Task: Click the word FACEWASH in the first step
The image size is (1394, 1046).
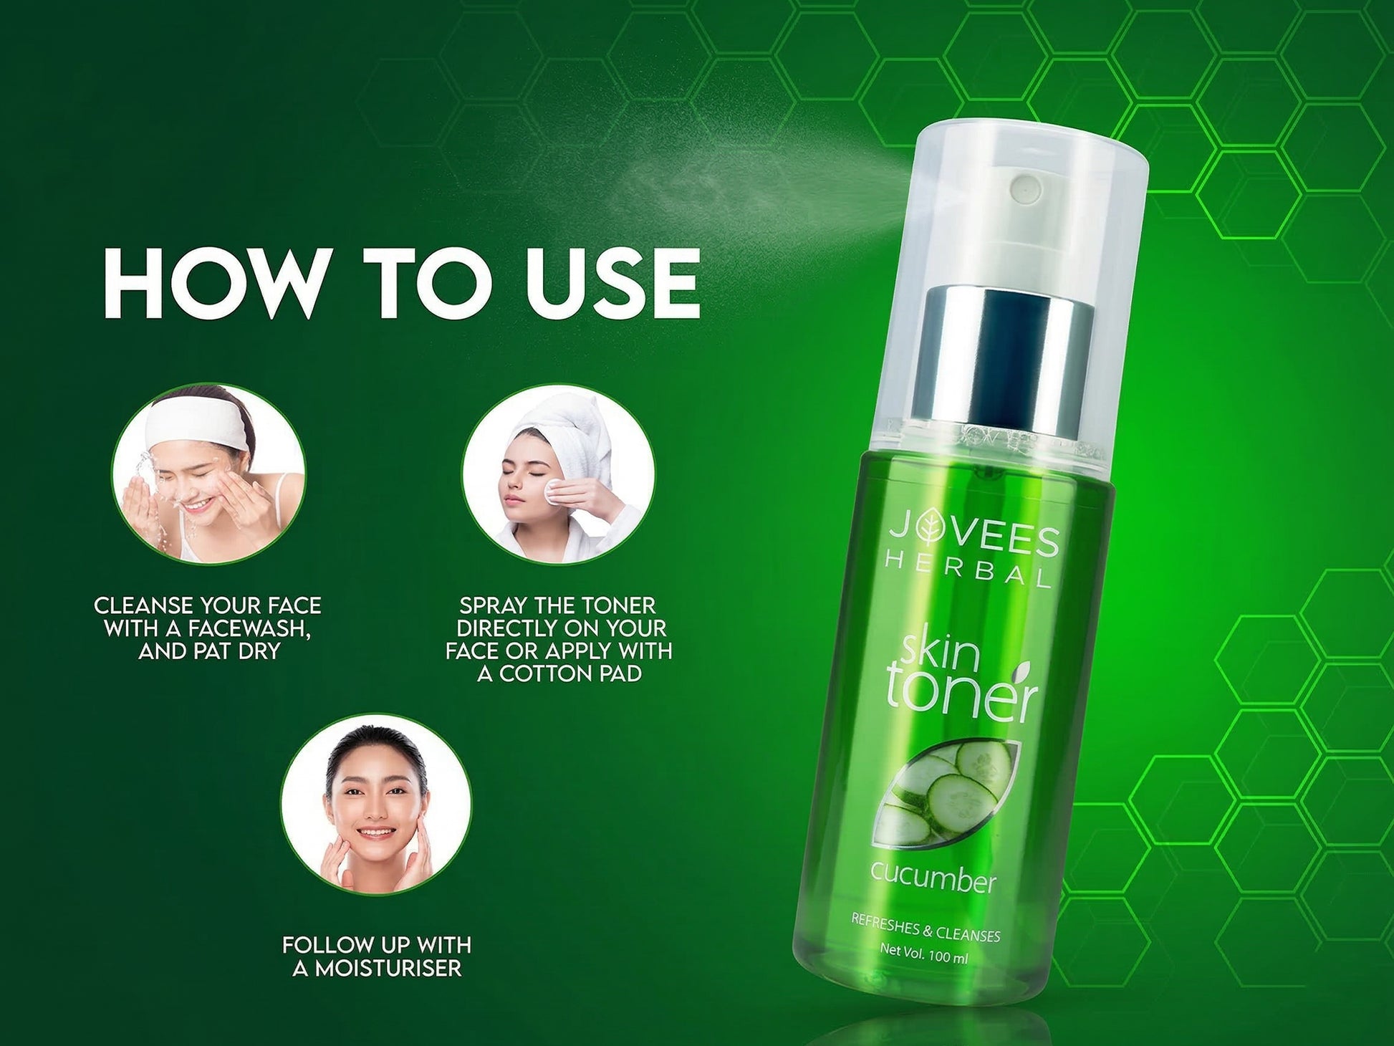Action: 248,629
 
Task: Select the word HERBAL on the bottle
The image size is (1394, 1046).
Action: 968,570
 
